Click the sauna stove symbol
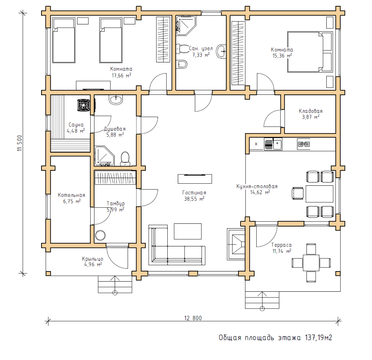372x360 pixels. pos(84,105)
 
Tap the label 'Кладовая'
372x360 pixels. pos(311,111)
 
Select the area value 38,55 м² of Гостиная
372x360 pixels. pos(194,199)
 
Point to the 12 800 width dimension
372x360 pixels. pos(193,318)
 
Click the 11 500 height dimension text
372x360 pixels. pos(20,143)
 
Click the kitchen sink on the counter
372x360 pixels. pos(273,144)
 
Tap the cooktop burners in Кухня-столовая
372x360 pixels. pos(304,144)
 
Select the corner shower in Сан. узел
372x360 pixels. pos(186,25)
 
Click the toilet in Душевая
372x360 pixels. pos(125,159)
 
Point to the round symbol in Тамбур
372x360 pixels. pos(100,235)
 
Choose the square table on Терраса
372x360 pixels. pos(311,263)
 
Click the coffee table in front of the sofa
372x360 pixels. pos(188,231)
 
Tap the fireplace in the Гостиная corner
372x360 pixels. pos(236,244)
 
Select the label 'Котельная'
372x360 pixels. pos(71,195)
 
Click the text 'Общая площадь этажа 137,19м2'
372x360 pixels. pos(275,337)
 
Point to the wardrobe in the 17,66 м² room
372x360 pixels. pos(163,39)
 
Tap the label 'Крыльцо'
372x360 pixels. pos(92,259)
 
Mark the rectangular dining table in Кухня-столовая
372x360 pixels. pos(319,194)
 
